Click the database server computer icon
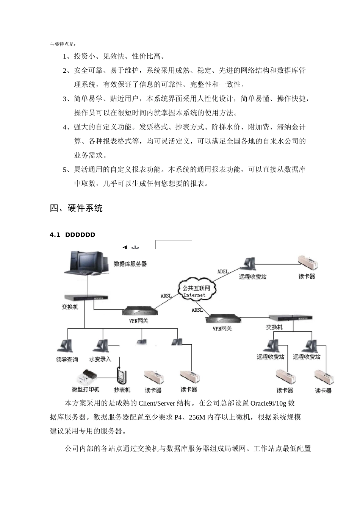pyautogui.click(x=86, y=263)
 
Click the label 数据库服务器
pyautogui.click(x=130, y=264)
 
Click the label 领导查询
pyautogui.click(x=67, y=359)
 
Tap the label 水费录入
pyautogui.click(x=100, y=359)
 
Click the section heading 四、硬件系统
pyautogui.click(x=76, y=208)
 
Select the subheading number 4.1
pyautogui.click(x=55, y=235)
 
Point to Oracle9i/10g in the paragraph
pyautogui.click(x=269, y=403)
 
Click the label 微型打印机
pyautogui.click(x=86, y=389)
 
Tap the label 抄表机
pyautogui.click(x=122, y=390)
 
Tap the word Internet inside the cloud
pyautogui.click(x=194, y=295)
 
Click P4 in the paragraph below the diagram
pyautogui.click(x=178, y=417)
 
